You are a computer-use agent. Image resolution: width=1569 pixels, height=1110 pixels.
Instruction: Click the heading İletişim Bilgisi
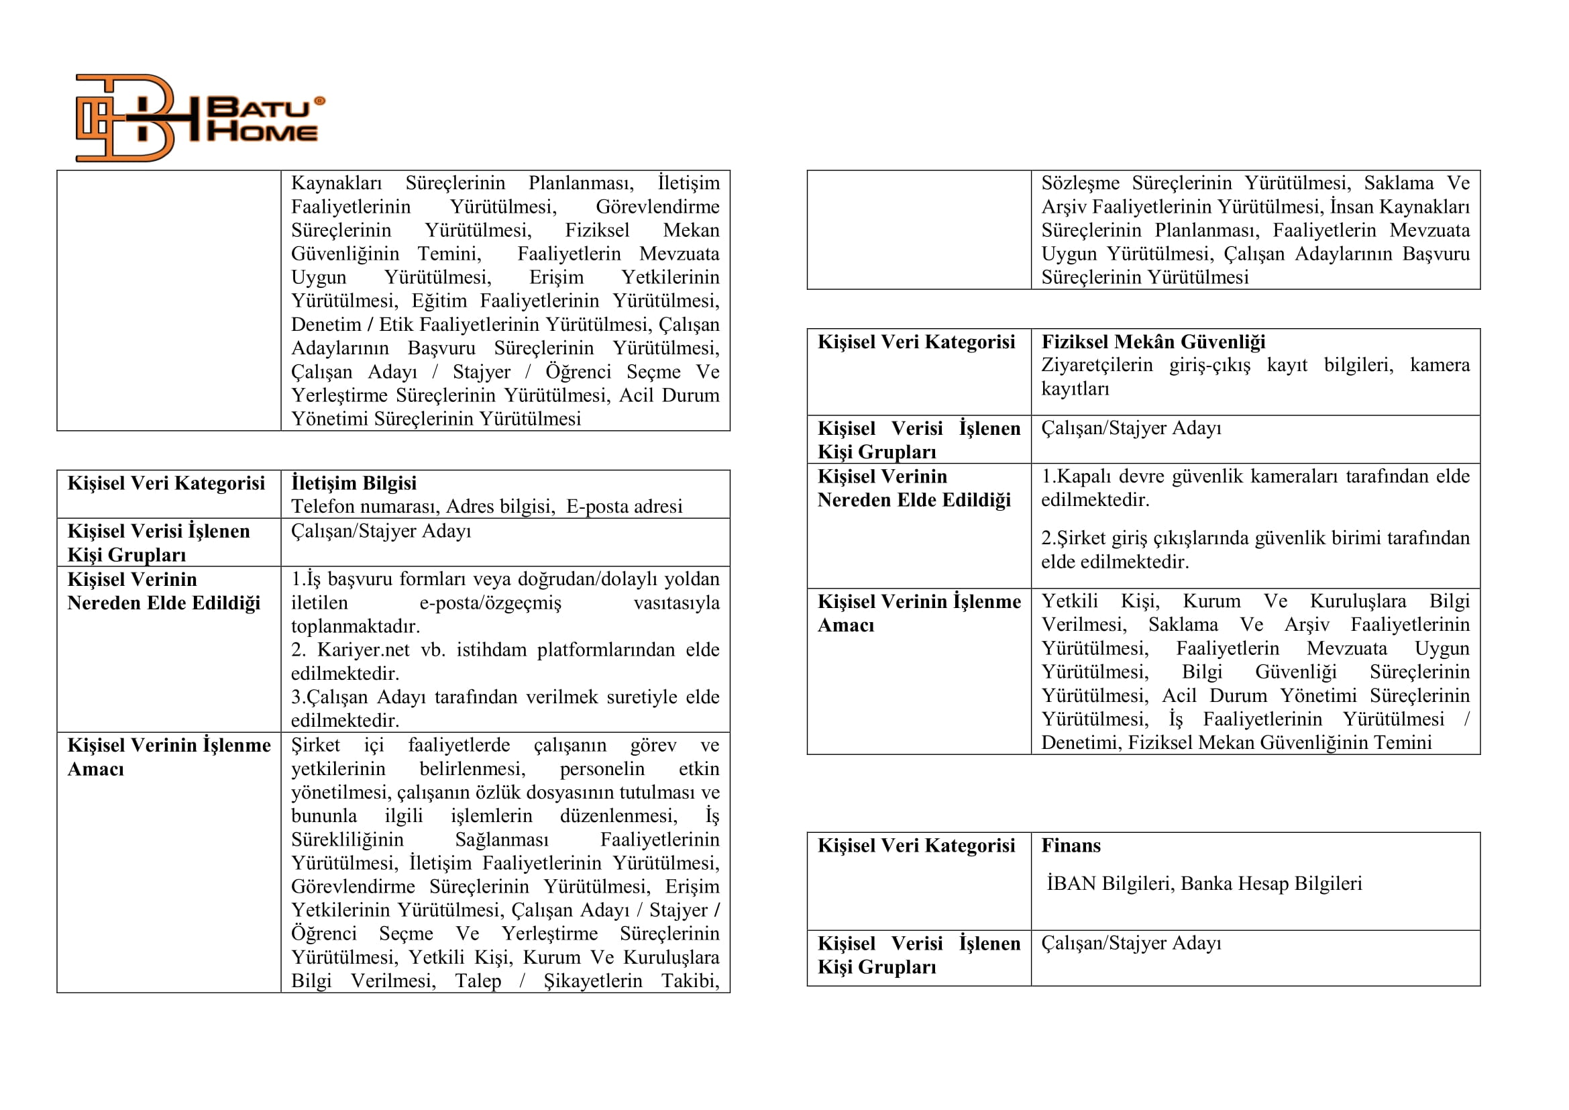click(x=354, y=483)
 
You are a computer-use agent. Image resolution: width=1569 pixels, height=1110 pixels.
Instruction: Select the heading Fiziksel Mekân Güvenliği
click(x=1153, y=342)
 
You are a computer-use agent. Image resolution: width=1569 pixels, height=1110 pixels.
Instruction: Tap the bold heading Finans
click(x=1070, y=846)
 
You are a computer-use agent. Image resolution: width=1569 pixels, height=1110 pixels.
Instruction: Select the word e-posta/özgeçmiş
click(x=490, y=603)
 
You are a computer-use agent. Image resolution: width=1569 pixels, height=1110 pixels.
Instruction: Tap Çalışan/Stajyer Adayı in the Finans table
click(x=1130, y=943)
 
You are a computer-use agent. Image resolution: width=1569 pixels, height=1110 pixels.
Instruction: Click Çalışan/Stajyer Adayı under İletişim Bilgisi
click(x=380, y=531)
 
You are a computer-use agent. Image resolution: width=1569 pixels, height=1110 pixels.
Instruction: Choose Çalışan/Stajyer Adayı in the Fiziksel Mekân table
click(x=1130, y=428)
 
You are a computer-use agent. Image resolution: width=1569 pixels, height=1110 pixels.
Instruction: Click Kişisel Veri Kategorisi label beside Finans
click(x=916, y=846)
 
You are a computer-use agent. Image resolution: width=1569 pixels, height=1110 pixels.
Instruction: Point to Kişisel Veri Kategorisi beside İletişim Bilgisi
click(x=166, y=483)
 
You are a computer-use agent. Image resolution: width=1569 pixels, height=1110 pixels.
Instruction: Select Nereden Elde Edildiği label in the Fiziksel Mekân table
click(x=914, y=501)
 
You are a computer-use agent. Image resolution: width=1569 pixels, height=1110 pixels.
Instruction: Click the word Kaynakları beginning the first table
click(x=336, y=183)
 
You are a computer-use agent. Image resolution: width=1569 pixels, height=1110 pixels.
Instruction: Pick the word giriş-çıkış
click(x=1209, y=365)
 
